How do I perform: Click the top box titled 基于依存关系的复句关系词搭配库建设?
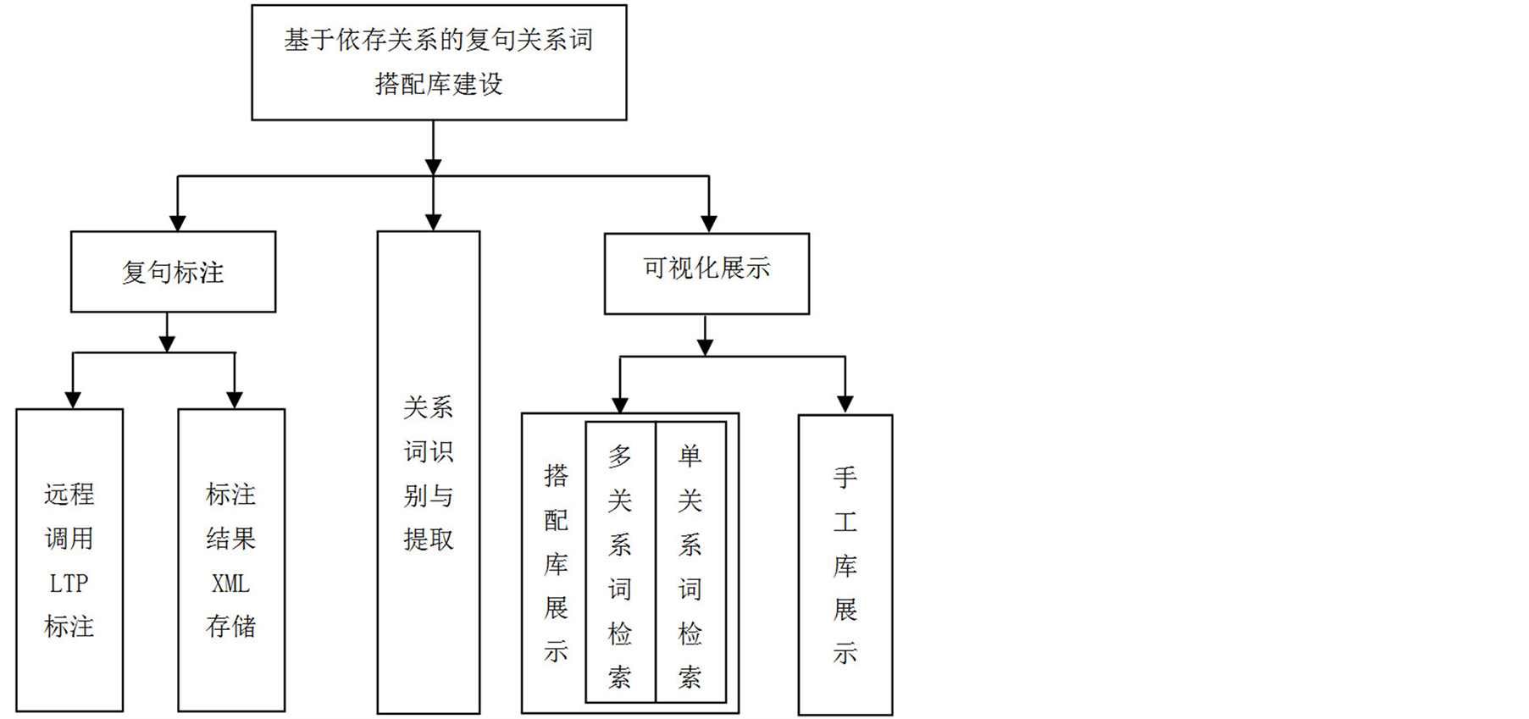click(x=439, y=62)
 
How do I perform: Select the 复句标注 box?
click(x=173, y=272)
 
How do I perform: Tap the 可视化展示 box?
click(x=706, y=273)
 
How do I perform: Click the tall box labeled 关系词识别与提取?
click(x=429, y=473)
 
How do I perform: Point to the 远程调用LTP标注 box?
click(x=69, y=560)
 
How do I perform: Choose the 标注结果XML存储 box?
click(x=231, y=560)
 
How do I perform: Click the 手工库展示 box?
click(x=845, y=564)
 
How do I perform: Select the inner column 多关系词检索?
click(x=620, y=562)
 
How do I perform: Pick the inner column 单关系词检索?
click(x=690, y=562)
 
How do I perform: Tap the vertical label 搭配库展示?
click(x=556, y=562)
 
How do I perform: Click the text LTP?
click(x=69, y=583)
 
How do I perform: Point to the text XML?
click(x=230, y=583)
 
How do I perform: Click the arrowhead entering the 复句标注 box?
click(x=177, y=223)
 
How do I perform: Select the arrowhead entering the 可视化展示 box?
click(x=709, y=224)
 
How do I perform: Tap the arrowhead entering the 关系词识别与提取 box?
click(x=433, y=223)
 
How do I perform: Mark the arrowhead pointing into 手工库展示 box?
click(x=845, y=405)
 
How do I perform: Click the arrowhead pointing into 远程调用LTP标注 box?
click(x=73, y=400)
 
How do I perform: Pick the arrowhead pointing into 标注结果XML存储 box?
click(x=235, y=400)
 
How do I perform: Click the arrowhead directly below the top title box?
click(x=433, y=166)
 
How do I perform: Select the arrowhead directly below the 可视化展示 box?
click(x=705, y=346)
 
